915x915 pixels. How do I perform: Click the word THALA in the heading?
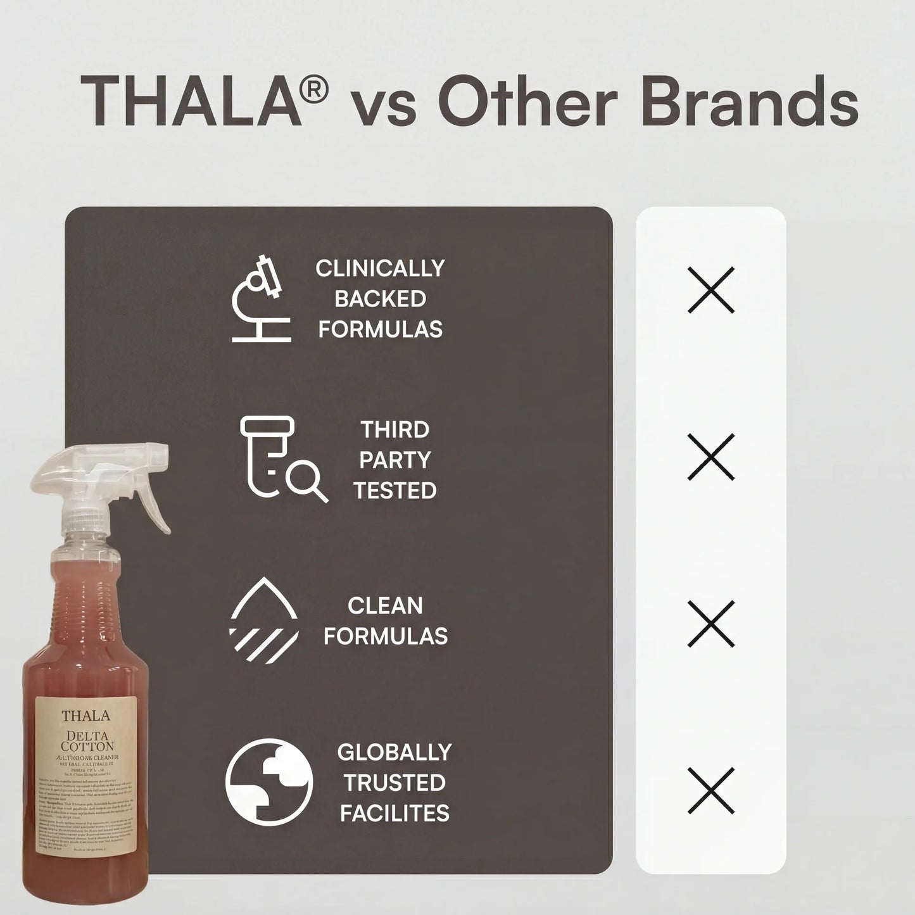[191, 101]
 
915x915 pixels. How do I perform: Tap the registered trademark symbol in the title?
[314, 89]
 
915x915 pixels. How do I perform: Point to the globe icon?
[268, 782]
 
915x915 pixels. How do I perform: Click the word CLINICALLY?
[380, 268]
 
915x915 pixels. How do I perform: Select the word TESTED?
[395, 491]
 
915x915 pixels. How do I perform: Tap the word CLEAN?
[385, 606]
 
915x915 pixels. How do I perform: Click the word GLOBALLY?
[394, 752]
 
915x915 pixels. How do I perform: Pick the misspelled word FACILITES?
[394, 813]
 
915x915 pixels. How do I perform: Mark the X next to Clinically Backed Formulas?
[710, 290]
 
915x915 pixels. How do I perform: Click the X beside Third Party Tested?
[710, 457]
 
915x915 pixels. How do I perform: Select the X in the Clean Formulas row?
[710, 623]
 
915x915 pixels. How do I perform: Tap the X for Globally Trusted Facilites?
[710, 790]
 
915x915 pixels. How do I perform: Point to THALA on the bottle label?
[85, 716]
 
